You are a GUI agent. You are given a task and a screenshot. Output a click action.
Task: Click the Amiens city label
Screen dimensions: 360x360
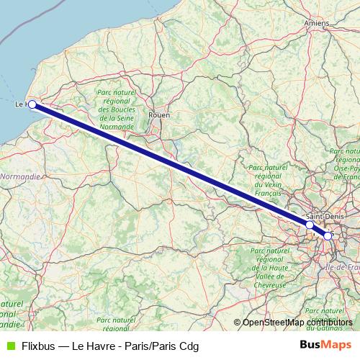tap(317, 23)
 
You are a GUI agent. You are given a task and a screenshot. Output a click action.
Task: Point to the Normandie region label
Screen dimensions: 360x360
tap(20, 176)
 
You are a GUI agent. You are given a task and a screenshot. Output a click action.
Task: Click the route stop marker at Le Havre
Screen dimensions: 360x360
tap(32, 104)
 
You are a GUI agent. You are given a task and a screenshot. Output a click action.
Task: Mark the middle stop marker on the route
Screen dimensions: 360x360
tap(310, 225)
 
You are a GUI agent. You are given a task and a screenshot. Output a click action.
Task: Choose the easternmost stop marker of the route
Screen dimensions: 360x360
tap(328, 235)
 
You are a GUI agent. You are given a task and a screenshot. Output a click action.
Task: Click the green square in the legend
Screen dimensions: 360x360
tap(9, 346)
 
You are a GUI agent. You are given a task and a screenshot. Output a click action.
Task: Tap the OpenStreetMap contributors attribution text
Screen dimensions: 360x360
tap(297, 323)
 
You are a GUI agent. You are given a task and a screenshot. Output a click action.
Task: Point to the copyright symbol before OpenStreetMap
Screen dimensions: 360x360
tap(237, 323)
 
